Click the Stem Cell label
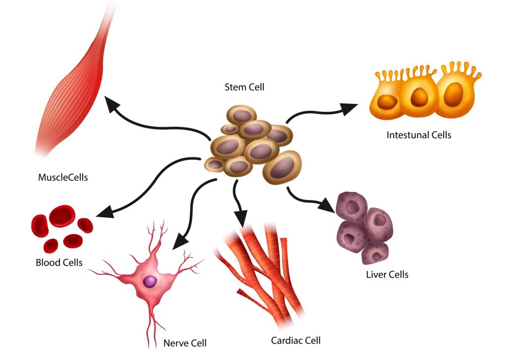(245, 88)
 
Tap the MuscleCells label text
(63, 177)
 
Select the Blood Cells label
(59, 262)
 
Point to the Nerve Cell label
(185, 343)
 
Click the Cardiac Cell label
(296, 340)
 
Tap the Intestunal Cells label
(419, 134)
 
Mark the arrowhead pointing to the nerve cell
(179, 240)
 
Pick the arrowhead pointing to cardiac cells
(241, 218)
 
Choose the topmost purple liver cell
(352, 206)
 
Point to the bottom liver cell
(374, 253)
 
